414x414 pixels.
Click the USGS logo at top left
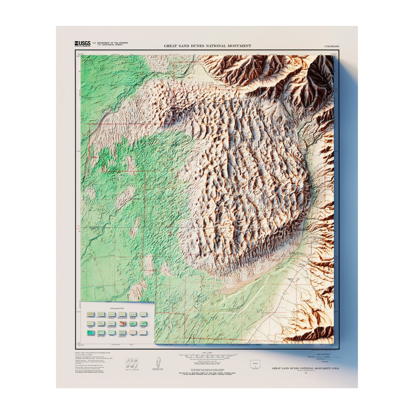click(83, 44)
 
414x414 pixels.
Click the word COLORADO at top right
click(332, 46)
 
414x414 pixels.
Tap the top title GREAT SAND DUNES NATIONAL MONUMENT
click(207, 46)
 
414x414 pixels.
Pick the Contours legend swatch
click(122, 323)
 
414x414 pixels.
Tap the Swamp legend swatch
click(111, 333)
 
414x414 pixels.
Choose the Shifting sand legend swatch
click(143, 333)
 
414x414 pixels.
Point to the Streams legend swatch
click(133, 323)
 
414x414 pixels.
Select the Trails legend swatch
click(143, 314)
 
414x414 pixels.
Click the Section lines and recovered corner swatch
click(122, 314)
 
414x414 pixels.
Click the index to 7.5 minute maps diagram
click(132, 363)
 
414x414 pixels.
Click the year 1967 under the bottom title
click(305, 373)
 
